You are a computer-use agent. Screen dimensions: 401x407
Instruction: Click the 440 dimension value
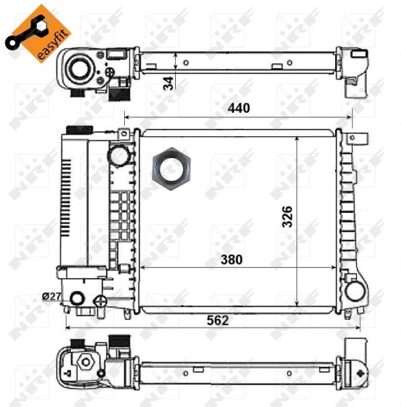(239, 108)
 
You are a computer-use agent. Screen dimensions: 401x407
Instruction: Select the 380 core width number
(231, 259)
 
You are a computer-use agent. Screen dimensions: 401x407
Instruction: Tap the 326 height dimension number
(287, 217)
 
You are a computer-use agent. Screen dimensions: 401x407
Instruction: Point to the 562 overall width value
(218, 320)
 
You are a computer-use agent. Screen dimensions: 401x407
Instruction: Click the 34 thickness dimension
(168, 83)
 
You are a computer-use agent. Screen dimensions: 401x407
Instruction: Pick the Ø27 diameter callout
(52, 296)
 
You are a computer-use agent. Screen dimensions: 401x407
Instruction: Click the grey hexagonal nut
(172, 169)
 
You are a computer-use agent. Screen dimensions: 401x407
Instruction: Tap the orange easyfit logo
(38, 34)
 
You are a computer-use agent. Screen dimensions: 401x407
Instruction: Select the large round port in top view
(79, 68)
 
